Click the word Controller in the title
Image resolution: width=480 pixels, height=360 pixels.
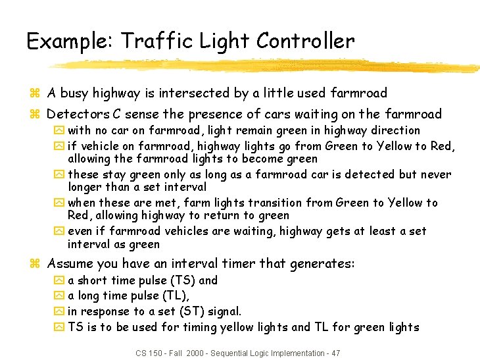coord(305,41)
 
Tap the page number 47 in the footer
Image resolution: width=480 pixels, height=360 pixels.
coord(335,353)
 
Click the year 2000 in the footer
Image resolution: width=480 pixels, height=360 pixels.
coord(195,353)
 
